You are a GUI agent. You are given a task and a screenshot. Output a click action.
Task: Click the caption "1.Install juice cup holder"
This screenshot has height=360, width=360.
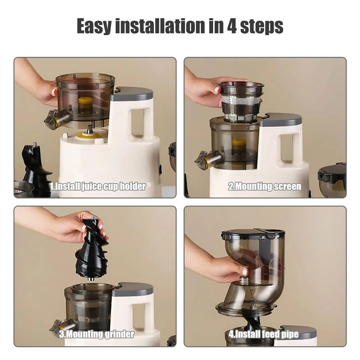coord(98,186)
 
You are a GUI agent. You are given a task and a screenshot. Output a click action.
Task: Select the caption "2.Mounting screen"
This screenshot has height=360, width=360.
coord(265,186)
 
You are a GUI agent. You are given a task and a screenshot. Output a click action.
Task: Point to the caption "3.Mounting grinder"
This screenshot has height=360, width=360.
coord(98,334)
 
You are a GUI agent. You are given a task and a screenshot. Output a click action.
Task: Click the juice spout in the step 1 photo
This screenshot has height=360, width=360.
coord(57,119)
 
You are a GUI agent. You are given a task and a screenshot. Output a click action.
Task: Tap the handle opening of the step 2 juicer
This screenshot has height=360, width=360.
coord(287,148)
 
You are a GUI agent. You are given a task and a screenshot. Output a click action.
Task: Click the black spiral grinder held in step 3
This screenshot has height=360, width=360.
coord(91,247)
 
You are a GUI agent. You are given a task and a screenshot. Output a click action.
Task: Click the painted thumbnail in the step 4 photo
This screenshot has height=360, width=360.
coord(244,272)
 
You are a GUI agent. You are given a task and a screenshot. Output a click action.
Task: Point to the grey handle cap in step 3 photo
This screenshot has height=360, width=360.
coord(132,289)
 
